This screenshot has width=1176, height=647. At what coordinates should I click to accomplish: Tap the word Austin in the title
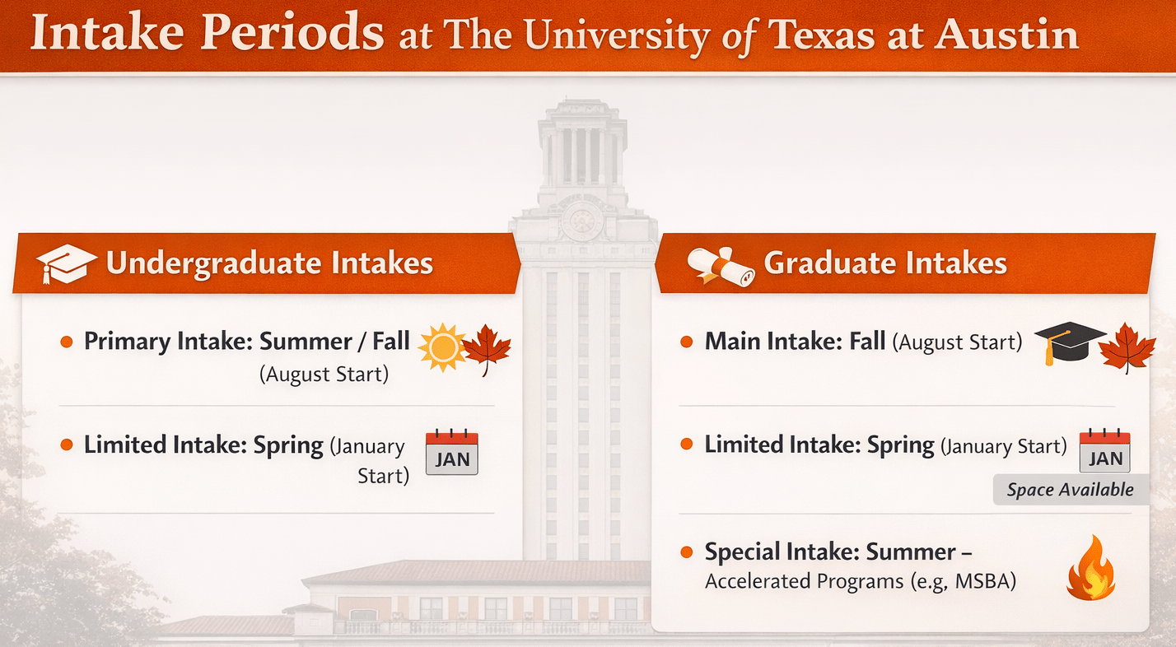tap(1006, 34)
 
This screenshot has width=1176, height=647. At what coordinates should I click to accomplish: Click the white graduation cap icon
tap(65, 263)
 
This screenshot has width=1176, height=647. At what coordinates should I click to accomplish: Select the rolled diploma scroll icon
tap(721, 267)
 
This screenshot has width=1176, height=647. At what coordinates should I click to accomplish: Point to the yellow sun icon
tap(442, 347)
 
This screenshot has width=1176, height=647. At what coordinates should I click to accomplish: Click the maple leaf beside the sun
tap(487, 349)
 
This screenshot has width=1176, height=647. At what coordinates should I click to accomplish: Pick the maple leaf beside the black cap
tap(1127, 347)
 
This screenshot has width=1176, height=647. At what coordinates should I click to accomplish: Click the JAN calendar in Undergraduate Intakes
tap(451, 452)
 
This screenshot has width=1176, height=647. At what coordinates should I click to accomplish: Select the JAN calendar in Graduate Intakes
tap(1104, 451)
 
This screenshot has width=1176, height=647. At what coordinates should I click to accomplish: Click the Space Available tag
tap(1071, 490)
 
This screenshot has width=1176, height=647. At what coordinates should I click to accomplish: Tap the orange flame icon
tap(1091, 568)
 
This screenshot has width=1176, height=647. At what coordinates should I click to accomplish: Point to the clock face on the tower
tap(581, 220)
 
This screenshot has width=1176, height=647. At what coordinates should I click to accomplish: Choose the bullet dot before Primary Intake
tap(67, 342)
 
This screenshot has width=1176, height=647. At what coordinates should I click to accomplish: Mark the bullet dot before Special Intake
tap(686, 552)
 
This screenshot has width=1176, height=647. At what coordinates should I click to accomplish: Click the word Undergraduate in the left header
tap(213, 263)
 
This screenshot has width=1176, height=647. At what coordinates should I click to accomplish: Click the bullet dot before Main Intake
tap(686, 342)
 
